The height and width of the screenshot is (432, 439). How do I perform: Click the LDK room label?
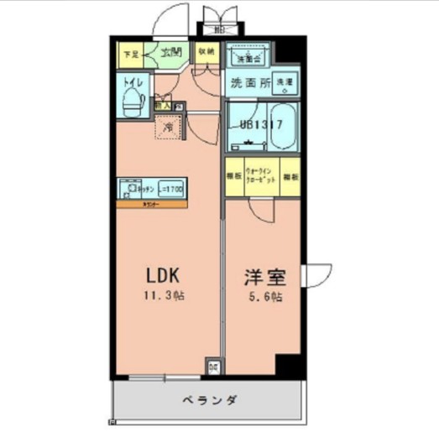tap(165, 274)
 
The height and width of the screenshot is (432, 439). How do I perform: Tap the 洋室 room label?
tap(262, 274)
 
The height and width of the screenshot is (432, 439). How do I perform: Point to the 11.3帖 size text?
tap(165, 295)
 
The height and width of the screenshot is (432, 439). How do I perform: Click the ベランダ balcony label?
tap(206, 400)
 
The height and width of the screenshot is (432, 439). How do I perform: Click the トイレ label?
tap(131, 82)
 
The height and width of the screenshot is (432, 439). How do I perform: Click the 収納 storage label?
tap(206, 51)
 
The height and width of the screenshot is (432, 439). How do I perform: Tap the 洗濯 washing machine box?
tap(285, 84)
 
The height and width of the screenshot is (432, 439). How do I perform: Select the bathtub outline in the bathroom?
tap(284, 126)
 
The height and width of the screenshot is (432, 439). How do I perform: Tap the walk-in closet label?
tap(261, 179)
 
